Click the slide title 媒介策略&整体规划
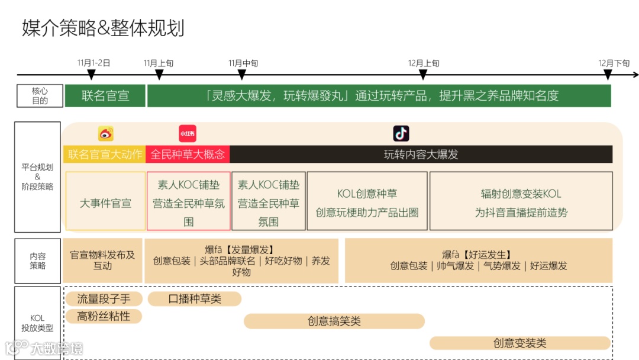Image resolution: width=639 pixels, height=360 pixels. click(x=104, y=28)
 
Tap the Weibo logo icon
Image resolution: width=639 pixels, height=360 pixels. click(x=106, y=134)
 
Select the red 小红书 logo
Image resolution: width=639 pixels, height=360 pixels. click(x=187, y=134)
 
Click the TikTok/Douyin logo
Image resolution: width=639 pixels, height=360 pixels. click(x=401, y=133)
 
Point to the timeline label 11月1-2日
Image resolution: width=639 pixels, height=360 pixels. click(x=93, y=63)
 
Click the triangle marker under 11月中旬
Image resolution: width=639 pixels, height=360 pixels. click(x=241, y=74)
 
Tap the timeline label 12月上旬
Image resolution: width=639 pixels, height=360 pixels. click(x=424, y=63)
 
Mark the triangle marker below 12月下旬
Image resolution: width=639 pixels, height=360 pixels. click(x=608, y=74)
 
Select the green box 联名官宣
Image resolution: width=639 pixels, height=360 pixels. click(x=105, y=96)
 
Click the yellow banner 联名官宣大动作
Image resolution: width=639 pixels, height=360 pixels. click(x=105, y=155)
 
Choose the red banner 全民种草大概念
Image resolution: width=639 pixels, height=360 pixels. click(x=188, y=155)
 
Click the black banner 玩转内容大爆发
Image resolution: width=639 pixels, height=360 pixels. click(x=421, y=155)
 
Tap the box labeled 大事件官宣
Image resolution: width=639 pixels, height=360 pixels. click(x=105, y=203)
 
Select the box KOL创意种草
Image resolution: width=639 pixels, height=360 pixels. click(x=367, y=201)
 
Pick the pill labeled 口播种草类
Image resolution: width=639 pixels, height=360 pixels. click(x=195, y=299)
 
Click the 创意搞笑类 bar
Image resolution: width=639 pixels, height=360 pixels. click(x=334, y=321)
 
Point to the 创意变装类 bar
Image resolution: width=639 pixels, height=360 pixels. click(x=519, y=343)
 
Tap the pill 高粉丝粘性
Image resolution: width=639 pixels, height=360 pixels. click(x=104, y=317)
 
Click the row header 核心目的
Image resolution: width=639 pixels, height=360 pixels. click(x=40, y=96)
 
